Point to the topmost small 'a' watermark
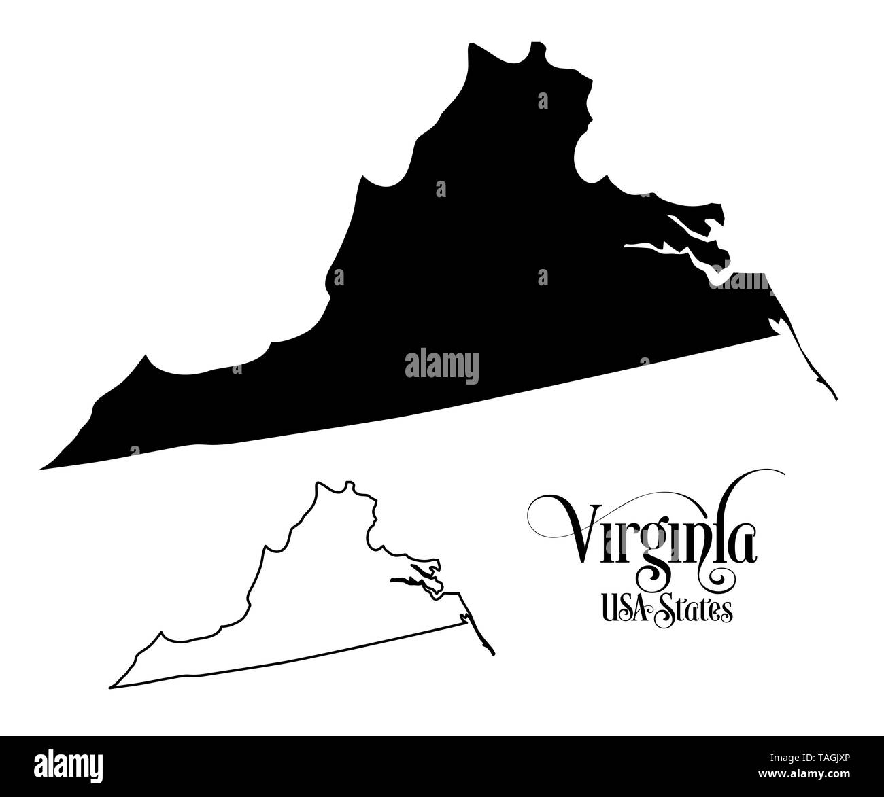[x=542, y=101]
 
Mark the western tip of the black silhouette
[x=42, y=468]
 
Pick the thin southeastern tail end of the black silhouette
[x=836, y=398]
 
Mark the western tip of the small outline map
[x=111, y=687]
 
